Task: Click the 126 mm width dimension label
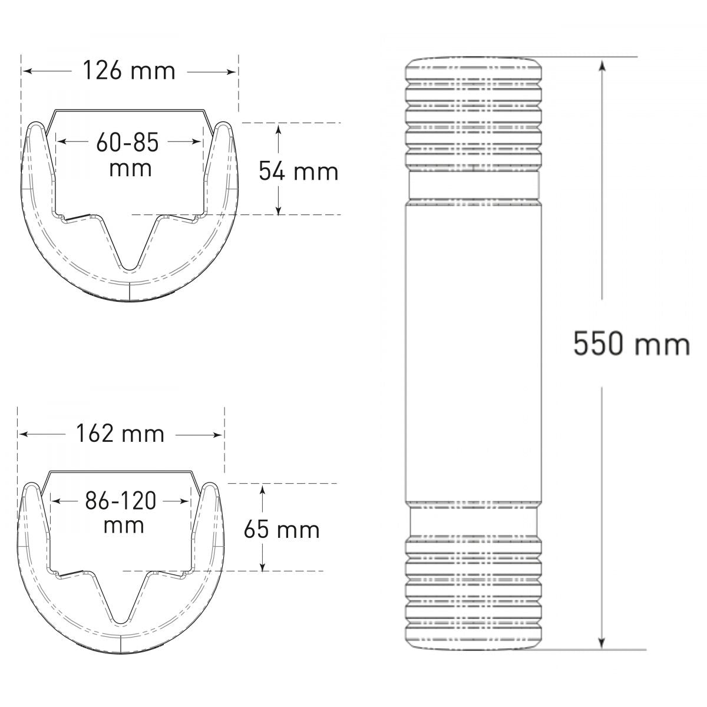tap(129, 71)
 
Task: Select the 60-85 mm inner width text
tap(128, 155)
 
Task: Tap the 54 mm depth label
tap(298, 171)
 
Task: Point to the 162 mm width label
tap(120, 434)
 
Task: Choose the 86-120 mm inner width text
tap(121, 512)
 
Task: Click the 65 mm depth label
tap(282, 530)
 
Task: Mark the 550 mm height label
tap(631, 343)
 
